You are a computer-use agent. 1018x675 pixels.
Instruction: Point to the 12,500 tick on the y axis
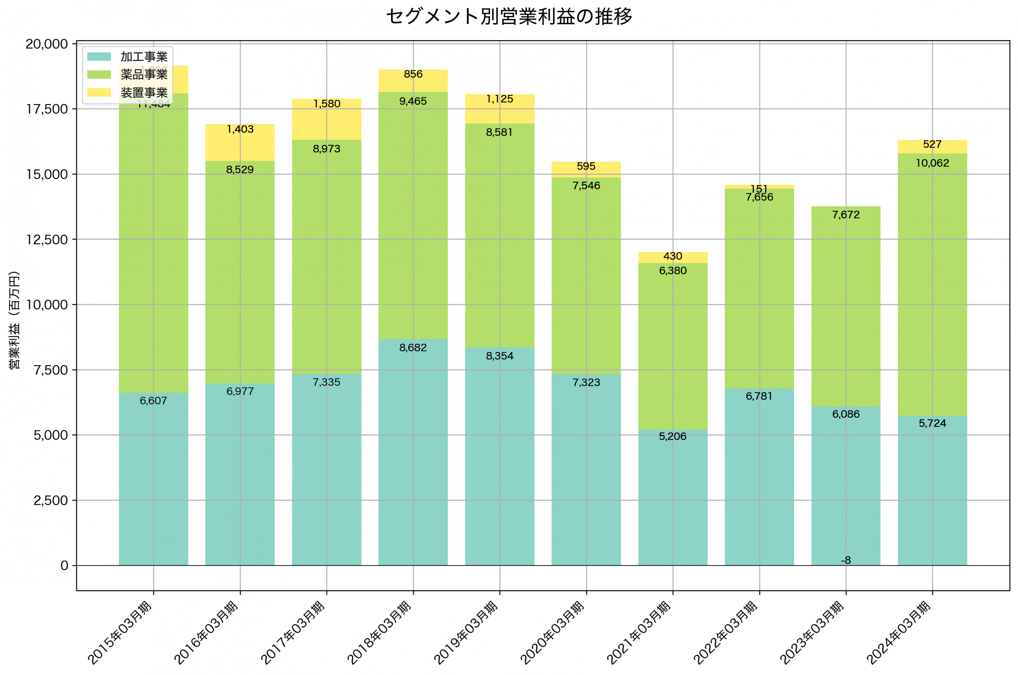[47, 240]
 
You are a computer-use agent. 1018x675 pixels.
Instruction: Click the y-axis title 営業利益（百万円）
[15, 320]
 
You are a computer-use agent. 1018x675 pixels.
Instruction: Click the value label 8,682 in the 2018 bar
[413, 348]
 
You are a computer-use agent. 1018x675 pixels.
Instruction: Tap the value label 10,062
[932, 163]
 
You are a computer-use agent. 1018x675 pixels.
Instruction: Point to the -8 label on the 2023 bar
[845, 560]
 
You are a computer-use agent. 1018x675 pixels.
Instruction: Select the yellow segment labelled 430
[672, 257]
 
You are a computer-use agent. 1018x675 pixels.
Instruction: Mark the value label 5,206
[672, 436]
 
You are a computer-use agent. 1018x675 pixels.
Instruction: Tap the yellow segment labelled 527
[932, 147]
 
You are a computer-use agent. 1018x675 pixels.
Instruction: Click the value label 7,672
[845, 215]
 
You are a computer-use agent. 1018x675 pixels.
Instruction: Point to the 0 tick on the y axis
[64, 566]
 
